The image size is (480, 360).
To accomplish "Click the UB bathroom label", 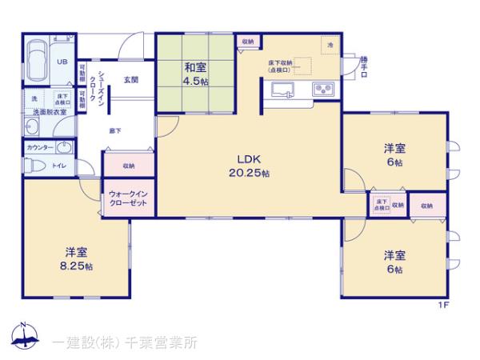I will click(x=62, y=59).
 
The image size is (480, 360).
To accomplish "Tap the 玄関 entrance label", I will click(x=131, y=80).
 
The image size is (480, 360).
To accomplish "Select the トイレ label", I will click(x=58, y=166).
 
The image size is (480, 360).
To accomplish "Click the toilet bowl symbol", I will click(x=32, y=166).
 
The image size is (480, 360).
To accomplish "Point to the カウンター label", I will click(x=40, y=148).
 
